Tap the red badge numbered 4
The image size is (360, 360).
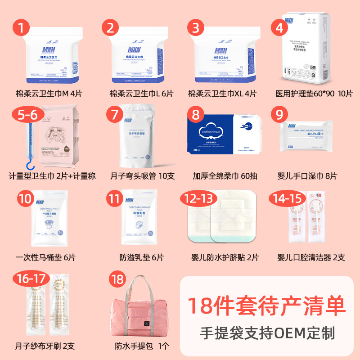click(279, 27)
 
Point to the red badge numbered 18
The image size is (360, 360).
click(118, 279)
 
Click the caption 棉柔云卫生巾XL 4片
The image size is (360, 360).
click(222, 94)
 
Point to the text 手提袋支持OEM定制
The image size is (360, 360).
click(267, 333)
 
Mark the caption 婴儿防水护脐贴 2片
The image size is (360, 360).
click(225, 257)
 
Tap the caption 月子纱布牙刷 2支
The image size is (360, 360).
click(45, 346)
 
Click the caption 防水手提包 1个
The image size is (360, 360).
click(142, 346)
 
